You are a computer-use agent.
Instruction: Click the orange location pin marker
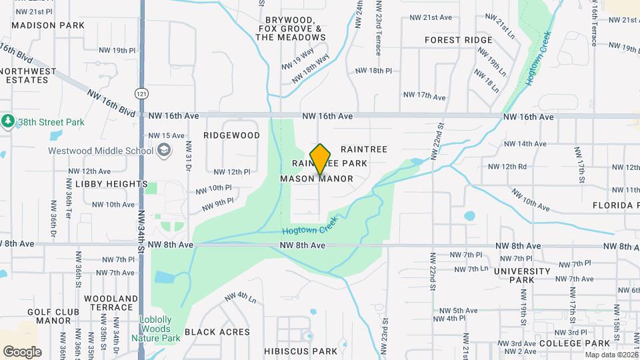point(321,159)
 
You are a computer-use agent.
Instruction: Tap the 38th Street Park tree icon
point(8,121)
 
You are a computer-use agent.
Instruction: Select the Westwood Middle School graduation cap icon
point(163,150)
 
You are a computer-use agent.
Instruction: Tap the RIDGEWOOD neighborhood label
point(231,135)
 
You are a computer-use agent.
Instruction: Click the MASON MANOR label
point(317,179)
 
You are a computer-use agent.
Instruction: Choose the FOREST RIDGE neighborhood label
point(458,40)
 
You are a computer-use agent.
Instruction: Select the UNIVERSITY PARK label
point(522,275)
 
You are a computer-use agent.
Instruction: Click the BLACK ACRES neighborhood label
point(217,332)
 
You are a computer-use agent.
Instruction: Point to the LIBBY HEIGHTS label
point(111,184)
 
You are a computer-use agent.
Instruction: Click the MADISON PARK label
point(48,25)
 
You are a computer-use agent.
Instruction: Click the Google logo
point(22,352)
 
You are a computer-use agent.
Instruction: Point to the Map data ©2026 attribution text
point(611,355)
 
